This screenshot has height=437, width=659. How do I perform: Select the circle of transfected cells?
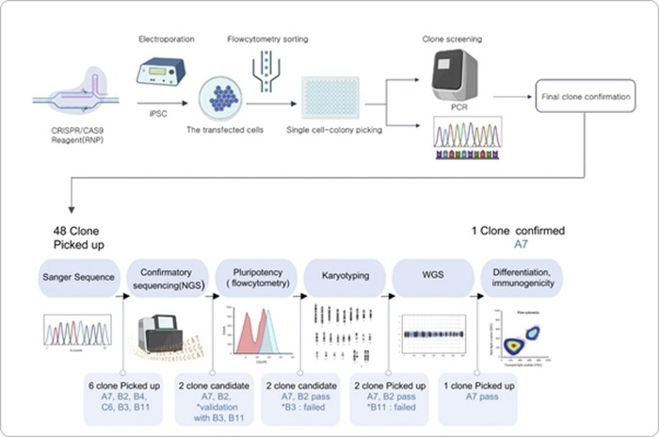click(x=223, y=99)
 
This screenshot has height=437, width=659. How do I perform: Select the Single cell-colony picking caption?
click(x=334, y=131)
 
